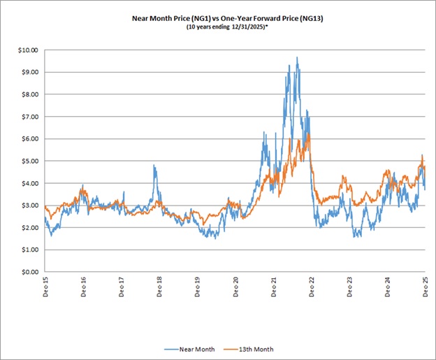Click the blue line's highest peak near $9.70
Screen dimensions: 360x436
click(297, 57)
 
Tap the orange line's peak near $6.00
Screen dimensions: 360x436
click(307, 135)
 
